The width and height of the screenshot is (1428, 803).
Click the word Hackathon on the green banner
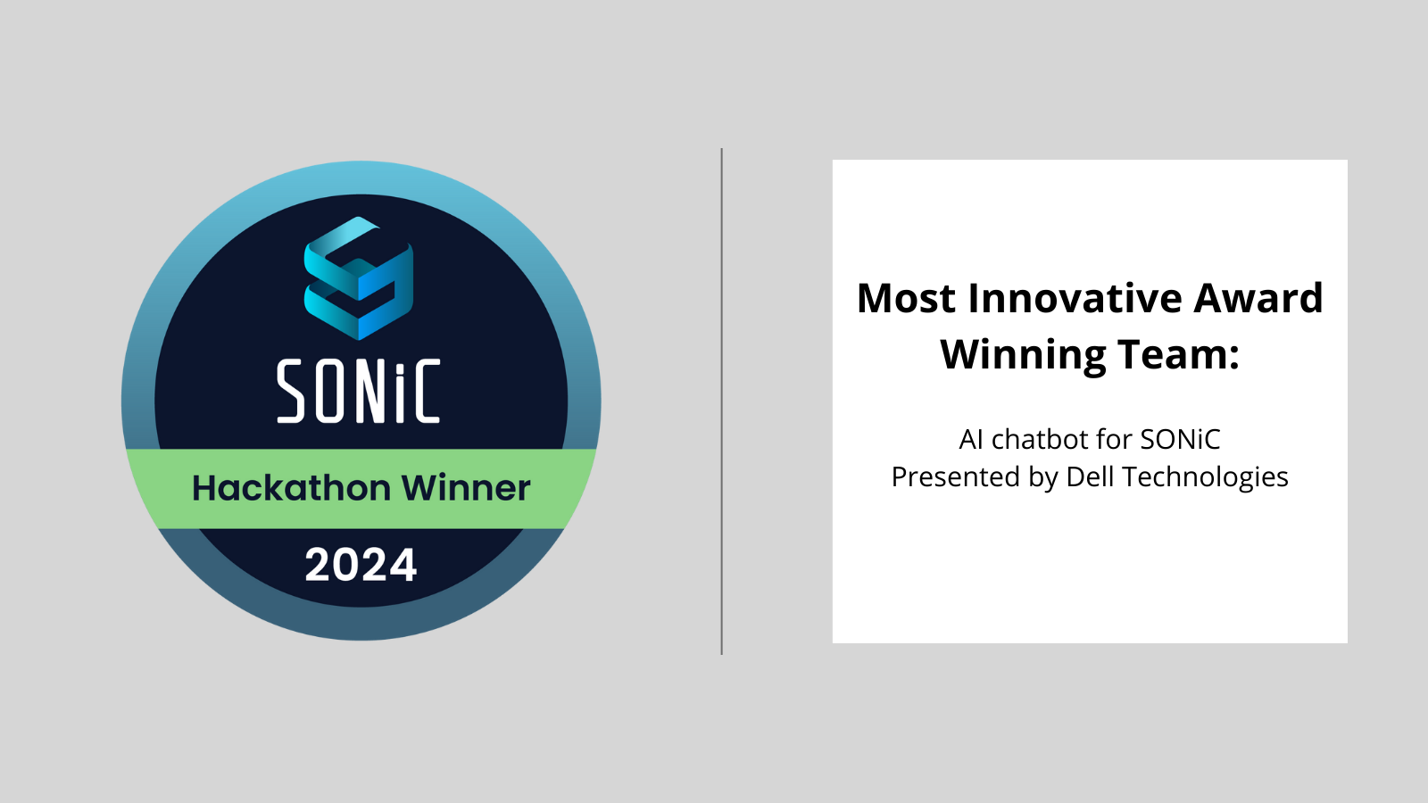(x=291, y=488)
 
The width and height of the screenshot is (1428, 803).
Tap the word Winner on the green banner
(x=466, y=488)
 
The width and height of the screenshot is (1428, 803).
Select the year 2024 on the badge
(x=361, y=565)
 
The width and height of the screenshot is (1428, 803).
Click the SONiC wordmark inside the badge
(x=359, y=391)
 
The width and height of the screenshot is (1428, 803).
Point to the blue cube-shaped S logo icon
(x=359, y=278)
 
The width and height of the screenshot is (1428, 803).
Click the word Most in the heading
(x=906, y=299)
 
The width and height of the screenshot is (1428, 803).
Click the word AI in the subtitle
(x=971, y=440)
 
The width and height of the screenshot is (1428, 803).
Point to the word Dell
(x=1090, y=477)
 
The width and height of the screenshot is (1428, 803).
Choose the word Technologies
(x=1205, y=477)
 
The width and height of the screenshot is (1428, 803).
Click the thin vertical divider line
(x=721, y=401)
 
